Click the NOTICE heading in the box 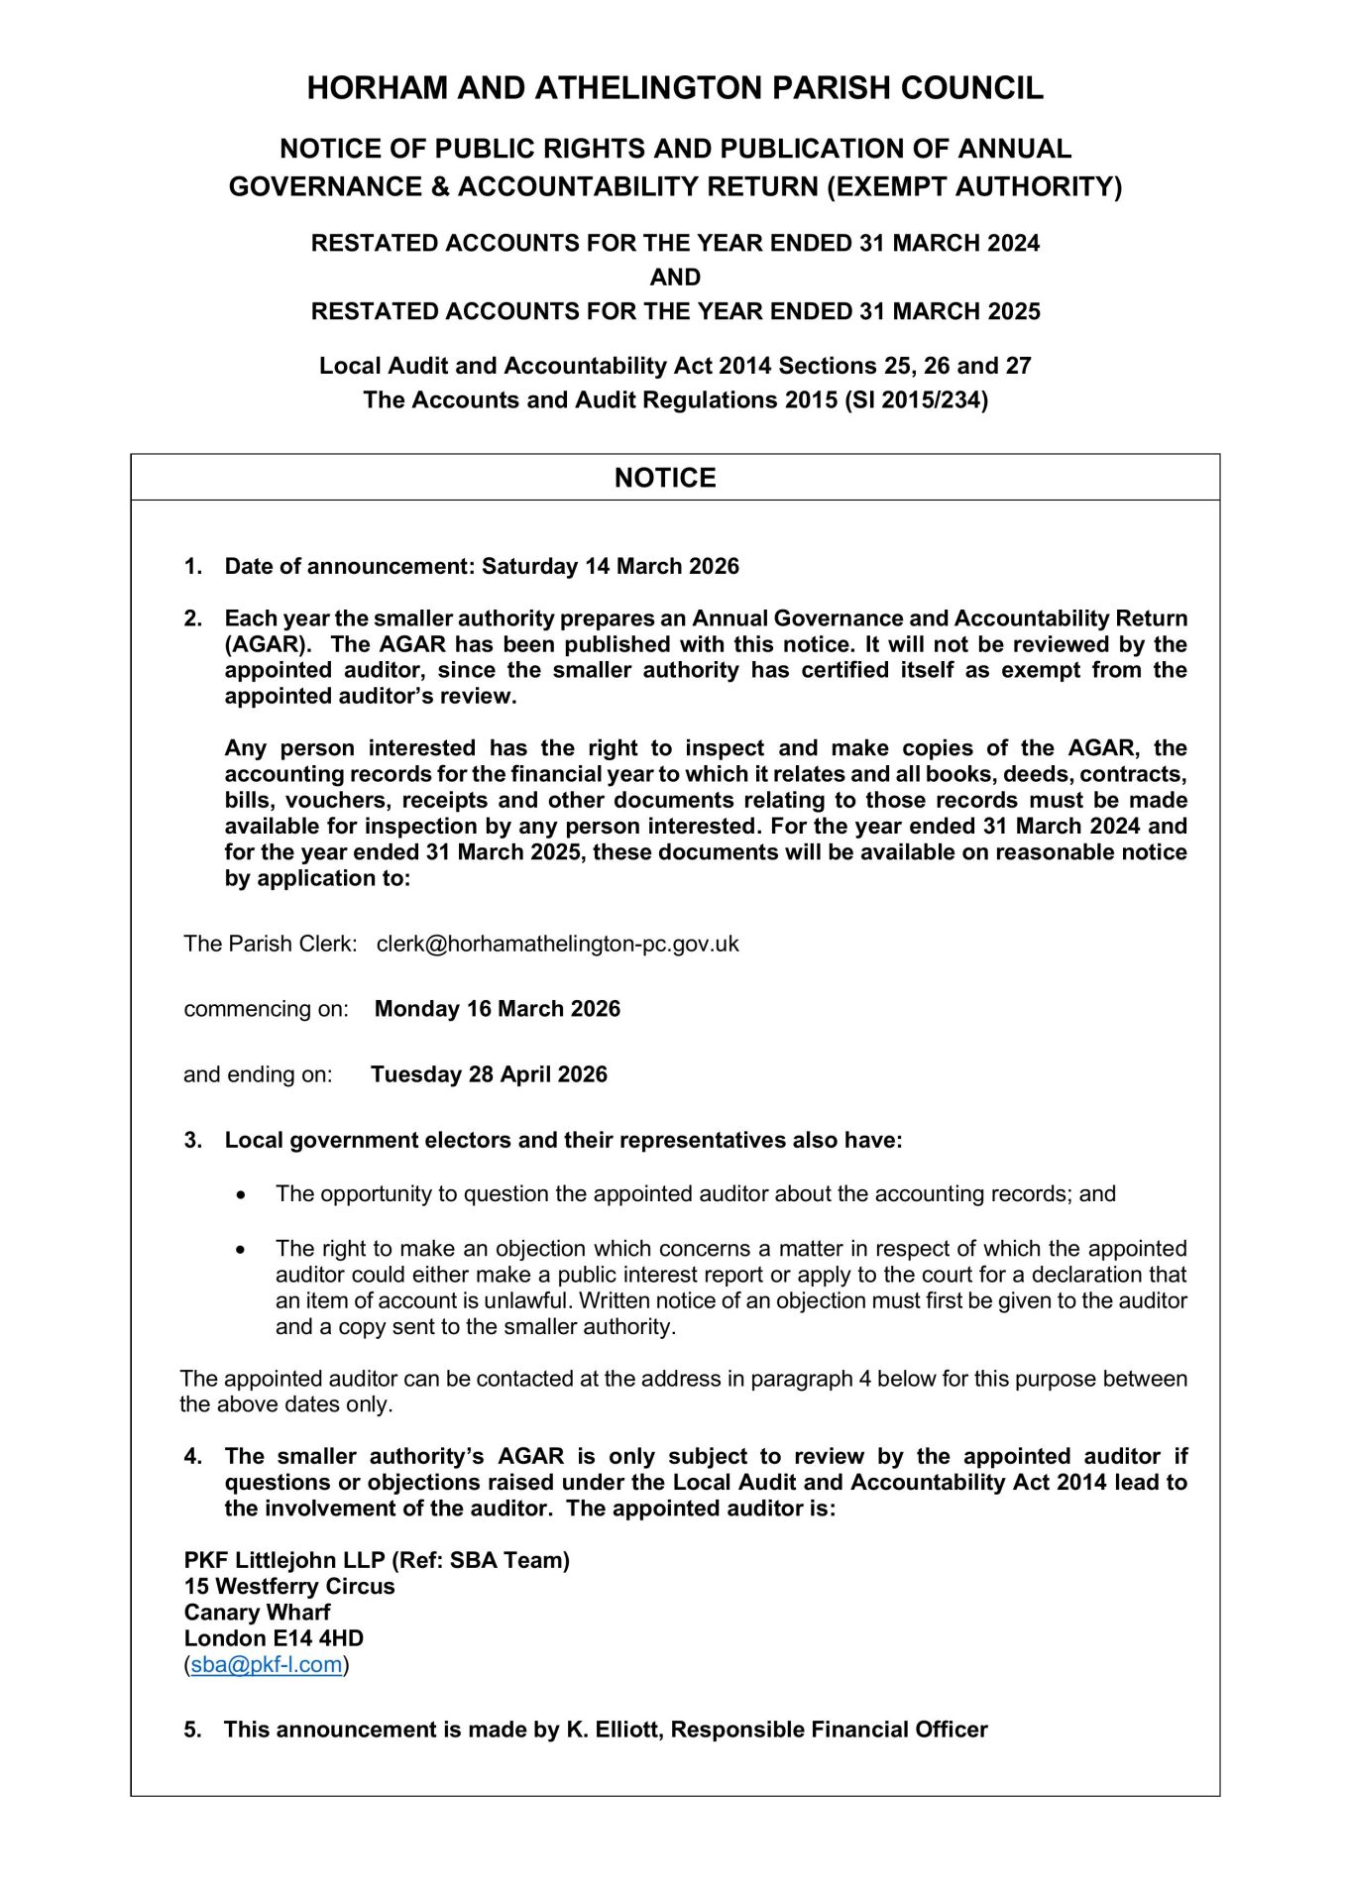pyautogui.click(x=665, y=478)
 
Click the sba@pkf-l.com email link pyautogui.click(x=266, y=1664)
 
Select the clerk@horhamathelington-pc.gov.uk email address pyautogui.click(x=557, y=944)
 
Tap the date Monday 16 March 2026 pyautogui.click(x=497, y=1009)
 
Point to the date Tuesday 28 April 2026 pyautogui.click(x=489, y=1074)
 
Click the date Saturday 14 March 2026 pyautogui.click(x=610, y=566)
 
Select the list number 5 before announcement pyautogui.click(x=192, y=1730)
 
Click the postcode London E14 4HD pyautogui.click(x=274, y=1638)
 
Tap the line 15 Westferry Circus pyautogui.click(x=288, y=1586)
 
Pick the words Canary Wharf pyautogui.click(x=257, y=1613)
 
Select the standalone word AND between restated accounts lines pyautogui.click(x=675, y=278)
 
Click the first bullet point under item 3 pyautogui.click(x=241, y=1194)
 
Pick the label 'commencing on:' pyautogui.click(x=266, y=1009)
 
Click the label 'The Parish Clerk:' pyautogui.click(x=270, y=944)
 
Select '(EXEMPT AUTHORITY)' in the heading pyautogui.click(x=974, y=187)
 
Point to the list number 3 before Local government pyautogui.click(x=192, y=1141)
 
